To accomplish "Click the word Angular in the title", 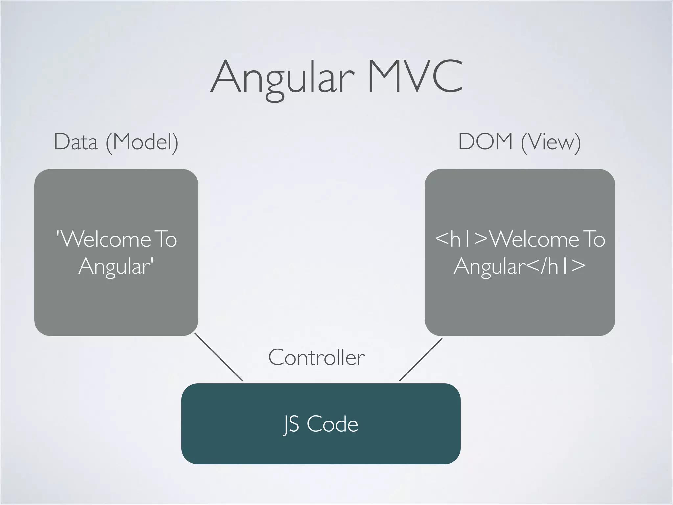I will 283,78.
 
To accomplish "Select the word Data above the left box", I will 76,142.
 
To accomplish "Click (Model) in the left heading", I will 142,142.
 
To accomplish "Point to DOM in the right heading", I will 485,142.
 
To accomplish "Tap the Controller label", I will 316,357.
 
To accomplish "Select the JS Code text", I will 321,424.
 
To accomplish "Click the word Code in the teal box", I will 332,424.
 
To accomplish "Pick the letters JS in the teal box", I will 291,424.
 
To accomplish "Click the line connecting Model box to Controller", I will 219,357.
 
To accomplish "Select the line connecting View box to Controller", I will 421,360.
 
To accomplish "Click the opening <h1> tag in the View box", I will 462,239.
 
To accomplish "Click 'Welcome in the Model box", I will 103,239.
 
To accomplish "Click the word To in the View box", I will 593,239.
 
